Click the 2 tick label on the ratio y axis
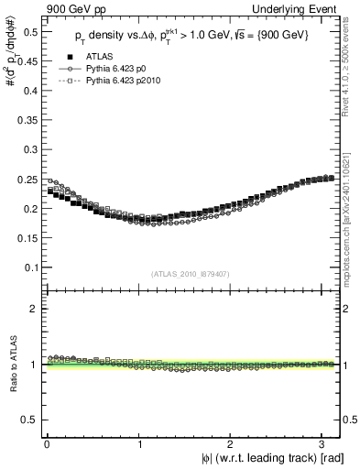tap(34, 309)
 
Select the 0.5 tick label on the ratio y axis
tap(29, 420)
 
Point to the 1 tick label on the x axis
tap(138, 444)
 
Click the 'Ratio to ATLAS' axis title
tap(12, 366)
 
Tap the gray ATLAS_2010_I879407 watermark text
tap(191, 273)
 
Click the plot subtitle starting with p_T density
tap(191, 37)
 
